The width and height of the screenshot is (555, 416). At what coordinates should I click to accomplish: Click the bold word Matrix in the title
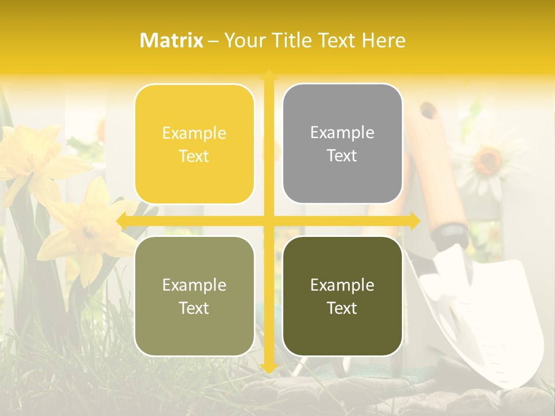172,40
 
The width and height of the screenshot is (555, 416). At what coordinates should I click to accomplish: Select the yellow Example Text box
194,144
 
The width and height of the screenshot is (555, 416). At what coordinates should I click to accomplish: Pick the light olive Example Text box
194,296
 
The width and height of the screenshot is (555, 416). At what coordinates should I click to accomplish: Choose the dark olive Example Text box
342,296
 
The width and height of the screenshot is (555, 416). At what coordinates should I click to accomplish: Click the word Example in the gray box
342,133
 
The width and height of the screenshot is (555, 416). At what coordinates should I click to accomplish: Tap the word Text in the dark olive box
342,308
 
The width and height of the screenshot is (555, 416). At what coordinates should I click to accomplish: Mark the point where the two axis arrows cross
268,221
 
